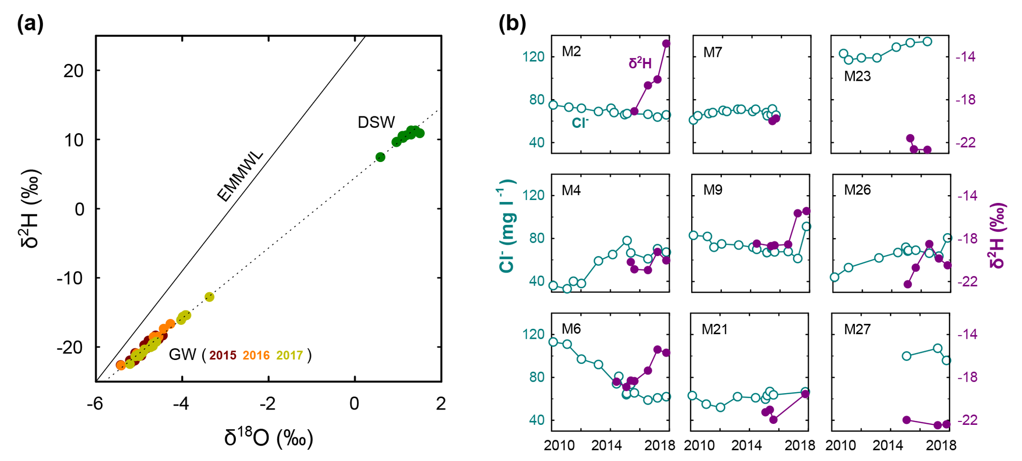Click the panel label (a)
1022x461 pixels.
point(30,24)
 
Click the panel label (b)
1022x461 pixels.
point(512,23)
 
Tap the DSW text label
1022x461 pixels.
point(376,122)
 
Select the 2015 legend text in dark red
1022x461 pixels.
point(222,355)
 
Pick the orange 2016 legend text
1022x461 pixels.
point(256,355)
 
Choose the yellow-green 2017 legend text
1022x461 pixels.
point(290,355)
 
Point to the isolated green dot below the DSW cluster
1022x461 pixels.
point(380,157)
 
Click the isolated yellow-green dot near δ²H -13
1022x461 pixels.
point(209,297)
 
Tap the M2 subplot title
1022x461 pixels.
point(571,51)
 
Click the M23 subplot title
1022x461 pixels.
point(857,76)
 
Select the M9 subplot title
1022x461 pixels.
point(713,190)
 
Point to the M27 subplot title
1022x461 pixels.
point(857,329)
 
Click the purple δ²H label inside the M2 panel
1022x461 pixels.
point(640,63)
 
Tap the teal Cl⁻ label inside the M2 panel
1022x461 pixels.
point(580,123)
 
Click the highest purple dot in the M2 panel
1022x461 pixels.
point(666,44)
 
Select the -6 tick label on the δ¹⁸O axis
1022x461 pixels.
point(95,404)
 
